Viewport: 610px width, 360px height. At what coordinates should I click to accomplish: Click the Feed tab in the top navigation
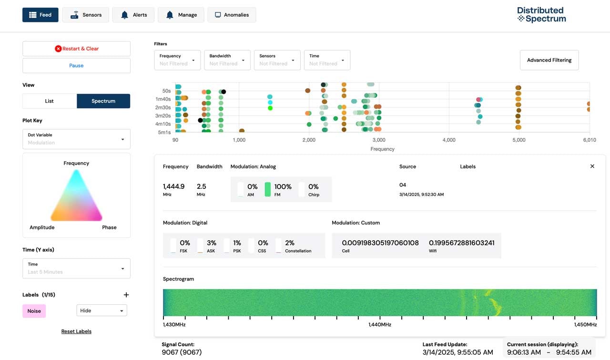pyautogui.click(x=41, y=15)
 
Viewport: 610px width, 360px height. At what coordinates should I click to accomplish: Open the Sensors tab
pyautogui.click(x=86, y=15)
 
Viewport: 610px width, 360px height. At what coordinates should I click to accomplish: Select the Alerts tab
pyautogui.click(x=133, y=15)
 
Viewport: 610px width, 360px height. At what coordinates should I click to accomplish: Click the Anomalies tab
pyautogui.click(x=232, y=15)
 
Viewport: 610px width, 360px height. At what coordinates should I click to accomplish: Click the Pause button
pyautogui.click(x=76, y=65)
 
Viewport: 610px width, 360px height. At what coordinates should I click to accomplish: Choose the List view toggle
pyautogui.click(x=50, y=101)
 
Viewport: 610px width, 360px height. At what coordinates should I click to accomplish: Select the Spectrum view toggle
pyautogui.click(x=103, y=101)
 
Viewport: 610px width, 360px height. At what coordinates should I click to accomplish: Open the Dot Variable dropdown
pyautogui.click(x=76, y=139)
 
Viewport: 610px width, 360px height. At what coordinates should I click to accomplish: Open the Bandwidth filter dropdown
pyautogui.click(x=227, y=60)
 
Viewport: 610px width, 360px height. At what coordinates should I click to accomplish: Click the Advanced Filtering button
pyautogui.click(x=549, y=60)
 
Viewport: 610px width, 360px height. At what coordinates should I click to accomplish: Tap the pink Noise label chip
pyautogui.click(x=34, y=311)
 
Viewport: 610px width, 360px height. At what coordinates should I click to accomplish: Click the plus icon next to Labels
pyautogui.click(x=126, y=295)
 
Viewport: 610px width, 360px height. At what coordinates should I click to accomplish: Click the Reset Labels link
pyautogui.click(x=76, y=331)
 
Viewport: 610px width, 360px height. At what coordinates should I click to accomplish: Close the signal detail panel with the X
pyautogui.click(x=592, y=166)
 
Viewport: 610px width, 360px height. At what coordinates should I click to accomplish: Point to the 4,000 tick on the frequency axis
pyautogui.click(x=449, y=140)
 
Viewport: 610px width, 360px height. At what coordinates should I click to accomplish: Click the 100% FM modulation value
pyautogui.click(x=283, y=187)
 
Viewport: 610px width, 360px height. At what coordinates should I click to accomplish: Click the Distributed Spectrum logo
pyautogui.click(x=541, y=15)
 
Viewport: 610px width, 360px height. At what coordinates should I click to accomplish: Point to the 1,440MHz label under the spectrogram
pyautogui.click(x=380, y=325)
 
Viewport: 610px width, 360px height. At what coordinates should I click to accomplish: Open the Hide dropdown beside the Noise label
pyautogui.click(x=102, y=310)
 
